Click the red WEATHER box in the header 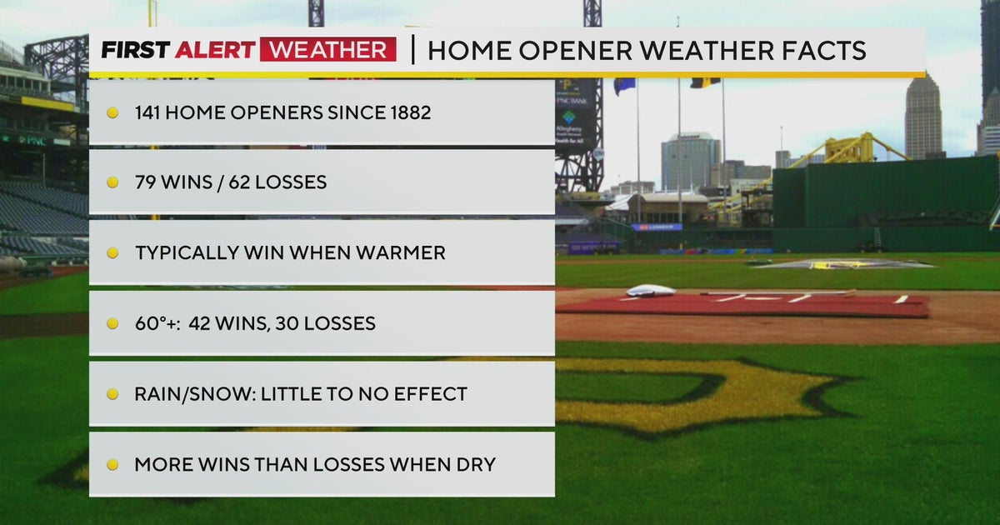coord(327,50)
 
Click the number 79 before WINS coord(146,182)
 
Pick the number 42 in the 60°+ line coord(201,323)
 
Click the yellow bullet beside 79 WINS coord(112,182)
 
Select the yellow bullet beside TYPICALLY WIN coord(112,253)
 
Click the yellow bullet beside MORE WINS coord(112,465)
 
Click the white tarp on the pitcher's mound coord(651,291)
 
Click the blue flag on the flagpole coord(625,84)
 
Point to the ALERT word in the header coord(213,50)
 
